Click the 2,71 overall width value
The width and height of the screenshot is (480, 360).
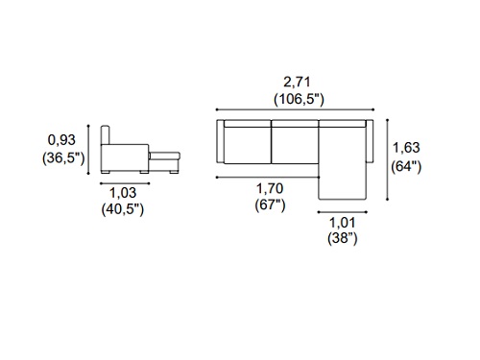(x=297, y=83)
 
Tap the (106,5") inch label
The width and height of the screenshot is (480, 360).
(x=299, y=99)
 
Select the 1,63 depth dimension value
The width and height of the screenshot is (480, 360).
(x=406, y=148)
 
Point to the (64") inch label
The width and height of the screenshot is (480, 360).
(x=406, y=166)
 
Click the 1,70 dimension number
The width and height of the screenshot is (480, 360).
(x=270, y=189)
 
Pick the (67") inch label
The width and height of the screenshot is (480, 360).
(x=270, y=204)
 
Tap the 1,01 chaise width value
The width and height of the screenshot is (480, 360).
(x=343, y=223)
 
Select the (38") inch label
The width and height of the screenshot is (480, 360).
(x=343, y=238)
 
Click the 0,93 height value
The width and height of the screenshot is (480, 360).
(x=61, y=140)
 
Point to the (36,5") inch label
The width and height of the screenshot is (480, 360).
(x=63, y=158)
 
